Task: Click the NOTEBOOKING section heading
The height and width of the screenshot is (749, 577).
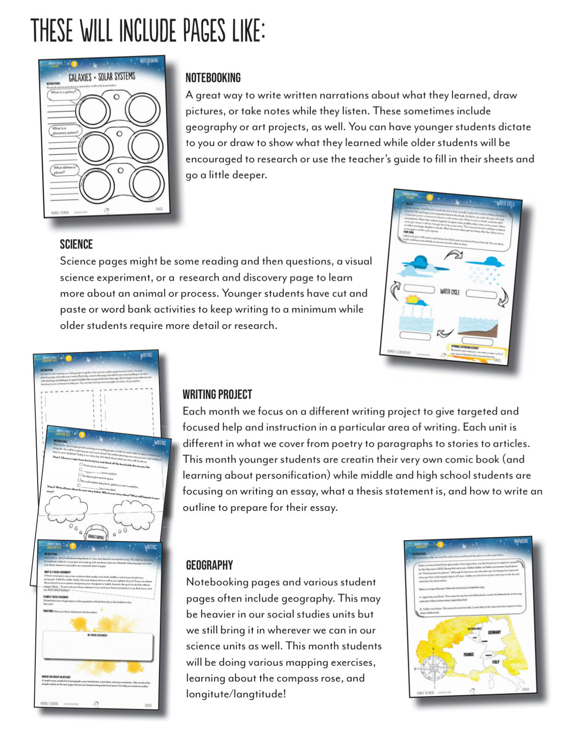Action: [213, 78]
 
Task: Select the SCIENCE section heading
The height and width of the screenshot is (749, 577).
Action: [76, 244]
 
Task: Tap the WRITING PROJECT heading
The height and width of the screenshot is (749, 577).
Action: [217, 395]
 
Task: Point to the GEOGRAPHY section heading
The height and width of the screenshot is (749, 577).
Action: [209, 565]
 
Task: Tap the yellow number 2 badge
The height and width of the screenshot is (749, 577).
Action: [74, 64]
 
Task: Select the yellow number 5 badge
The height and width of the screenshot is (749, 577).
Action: [430, 197]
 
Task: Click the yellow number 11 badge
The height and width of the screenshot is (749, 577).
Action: [68, 358]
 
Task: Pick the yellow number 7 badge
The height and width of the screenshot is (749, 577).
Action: [72, 546]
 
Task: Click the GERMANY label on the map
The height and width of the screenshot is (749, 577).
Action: [494, 632]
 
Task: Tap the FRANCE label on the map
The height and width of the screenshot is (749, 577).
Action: [468, 654]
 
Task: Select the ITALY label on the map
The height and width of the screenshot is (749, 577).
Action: [496, 662]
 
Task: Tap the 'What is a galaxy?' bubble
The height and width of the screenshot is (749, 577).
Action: [63, 93]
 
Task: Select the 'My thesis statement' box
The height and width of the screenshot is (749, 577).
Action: [98, 646]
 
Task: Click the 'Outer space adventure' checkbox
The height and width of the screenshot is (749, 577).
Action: [81, 464]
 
